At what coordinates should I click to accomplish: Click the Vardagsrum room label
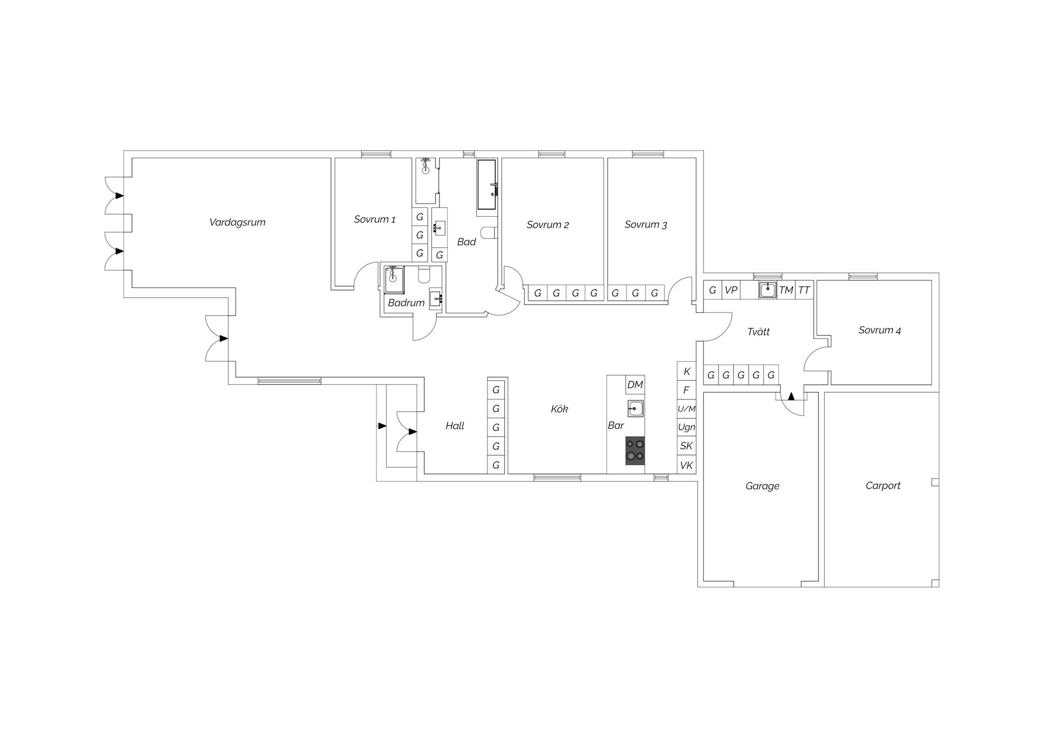coord(237,222)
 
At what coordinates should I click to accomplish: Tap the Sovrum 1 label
coord(375,219)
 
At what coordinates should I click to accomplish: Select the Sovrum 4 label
coord(880,330)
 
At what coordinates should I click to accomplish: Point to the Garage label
coord(762,486)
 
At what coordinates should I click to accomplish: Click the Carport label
coord(883,486)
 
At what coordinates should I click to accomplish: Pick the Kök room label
coord(559,409)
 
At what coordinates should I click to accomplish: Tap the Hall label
coord(455,426)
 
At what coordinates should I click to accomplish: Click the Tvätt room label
coord(758,332)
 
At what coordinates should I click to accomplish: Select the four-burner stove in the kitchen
coord(635,450)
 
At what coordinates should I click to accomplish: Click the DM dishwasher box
coord(635,385)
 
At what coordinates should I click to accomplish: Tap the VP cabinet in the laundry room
coord(731,290)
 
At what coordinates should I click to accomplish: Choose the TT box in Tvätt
coord(804,290)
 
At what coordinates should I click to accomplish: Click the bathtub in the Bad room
coord(486,184)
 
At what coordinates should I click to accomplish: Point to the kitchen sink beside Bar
coord(635,408)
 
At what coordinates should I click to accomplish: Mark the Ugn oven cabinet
coord(687,427)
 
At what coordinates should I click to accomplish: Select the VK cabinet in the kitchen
coord(687,465)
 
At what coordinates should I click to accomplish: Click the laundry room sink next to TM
coord(767,290)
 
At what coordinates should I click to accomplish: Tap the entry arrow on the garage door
coord(791,396)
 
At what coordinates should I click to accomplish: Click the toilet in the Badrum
coord(424,275)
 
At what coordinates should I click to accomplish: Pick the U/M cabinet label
coord(687,409)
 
